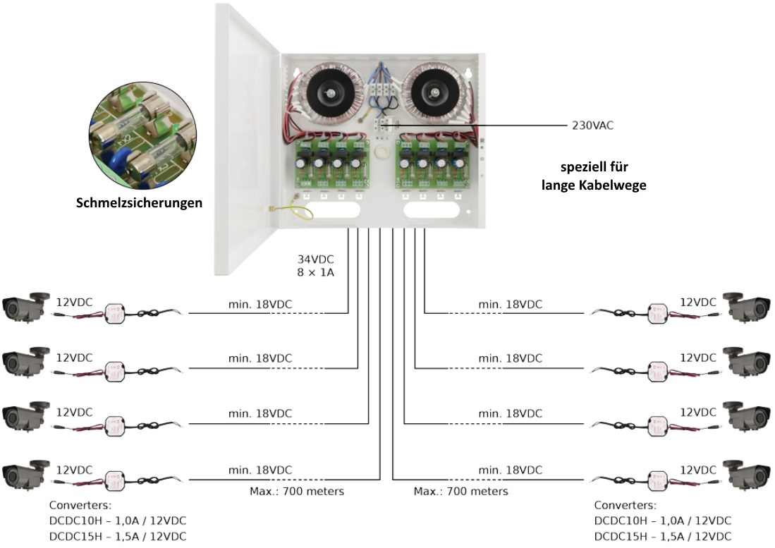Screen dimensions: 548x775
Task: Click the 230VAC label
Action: click(x=592, y=126)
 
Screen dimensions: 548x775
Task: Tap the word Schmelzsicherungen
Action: click(x=139, y=203)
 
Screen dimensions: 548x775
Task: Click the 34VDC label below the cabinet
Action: click(x=315, y=258)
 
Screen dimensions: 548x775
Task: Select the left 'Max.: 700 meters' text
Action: click(x=297, y=491)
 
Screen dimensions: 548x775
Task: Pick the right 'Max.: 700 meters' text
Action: click(x=460, y=491)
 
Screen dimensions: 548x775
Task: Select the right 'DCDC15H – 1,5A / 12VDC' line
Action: click(x=662, y=536)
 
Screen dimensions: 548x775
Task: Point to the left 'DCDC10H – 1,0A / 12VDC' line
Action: click(x=118, y=520)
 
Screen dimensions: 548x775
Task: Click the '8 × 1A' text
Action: click(x=315, y=272)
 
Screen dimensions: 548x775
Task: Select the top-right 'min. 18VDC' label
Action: click(x=511, y=304)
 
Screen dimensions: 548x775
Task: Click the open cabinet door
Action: click(x=247, y=141)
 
